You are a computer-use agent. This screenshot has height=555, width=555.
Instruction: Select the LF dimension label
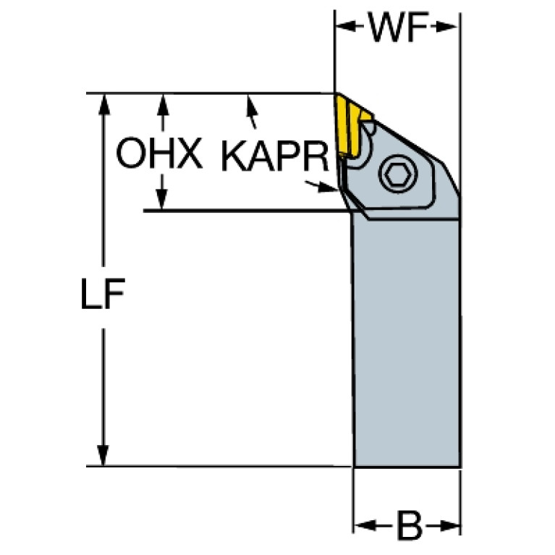[x=103, y=294]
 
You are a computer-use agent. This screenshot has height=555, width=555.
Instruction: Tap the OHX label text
[x=159, y=153]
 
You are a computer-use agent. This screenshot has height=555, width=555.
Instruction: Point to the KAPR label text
[x=275, y=156]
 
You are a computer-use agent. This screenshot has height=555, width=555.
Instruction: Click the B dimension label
[x=410, y=525]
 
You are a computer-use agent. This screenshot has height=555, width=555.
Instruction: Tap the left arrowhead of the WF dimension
[x=345, y=26]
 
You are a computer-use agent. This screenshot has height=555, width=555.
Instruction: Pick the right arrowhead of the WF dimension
[x=447, y=27]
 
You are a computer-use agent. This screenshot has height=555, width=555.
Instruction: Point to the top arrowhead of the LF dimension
[x=103, y=104]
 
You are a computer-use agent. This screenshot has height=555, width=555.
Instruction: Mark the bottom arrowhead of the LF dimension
[x=103, y=455]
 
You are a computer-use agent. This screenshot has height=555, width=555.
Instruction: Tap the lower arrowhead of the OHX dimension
[x=162, y=199]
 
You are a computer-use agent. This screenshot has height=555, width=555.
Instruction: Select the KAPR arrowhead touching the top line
[x=251, y=105]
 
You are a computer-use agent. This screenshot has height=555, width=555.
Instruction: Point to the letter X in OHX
[x=189, y=153]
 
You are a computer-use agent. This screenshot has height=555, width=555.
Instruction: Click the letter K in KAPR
[x=233, y=156]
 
